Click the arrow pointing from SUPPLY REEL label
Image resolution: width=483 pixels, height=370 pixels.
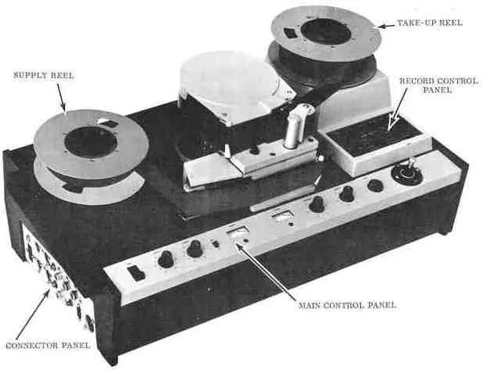pyautogui.click(x=62, y=99)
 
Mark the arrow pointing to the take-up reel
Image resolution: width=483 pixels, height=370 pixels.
pyautogui.click(x=386, y=26)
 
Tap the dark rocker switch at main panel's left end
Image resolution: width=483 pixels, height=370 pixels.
pyautogui.click(x=136, y=272)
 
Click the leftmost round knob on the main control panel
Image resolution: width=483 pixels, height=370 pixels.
pyautogui.click(x=166, y=259)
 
